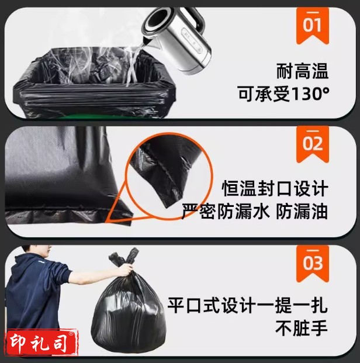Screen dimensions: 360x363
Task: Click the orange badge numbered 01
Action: (x=312, y=25)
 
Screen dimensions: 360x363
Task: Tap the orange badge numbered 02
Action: (x=312, y=144)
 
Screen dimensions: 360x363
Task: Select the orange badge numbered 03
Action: (x=312, y=264)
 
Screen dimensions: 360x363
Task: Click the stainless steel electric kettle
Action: (x=176, y=38)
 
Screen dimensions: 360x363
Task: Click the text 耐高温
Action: (x=302, y=71)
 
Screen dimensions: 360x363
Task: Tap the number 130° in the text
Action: (x=310, y=94)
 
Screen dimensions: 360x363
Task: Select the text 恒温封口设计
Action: (x=275, y=189)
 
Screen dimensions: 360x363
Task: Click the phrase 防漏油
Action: (x=302, y=211)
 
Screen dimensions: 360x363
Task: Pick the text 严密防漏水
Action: (x=225, y=211)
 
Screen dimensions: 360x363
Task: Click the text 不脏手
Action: (x=301, y=328)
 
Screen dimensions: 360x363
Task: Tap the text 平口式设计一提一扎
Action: (x=247, y=306)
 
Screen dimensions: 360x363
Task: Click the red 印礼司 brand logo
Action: (x=42, y=343)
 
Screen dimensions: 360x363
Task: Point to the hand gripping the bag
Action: (x=126, y=270)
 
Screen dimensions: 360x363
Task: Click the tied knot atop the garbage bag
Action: (x=125, y=257)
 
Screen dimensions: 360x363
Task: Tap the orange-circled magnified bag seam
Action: (x=169, y=176)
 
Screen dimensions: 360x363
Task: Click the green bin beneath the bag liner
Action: (x=92, y=116)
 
